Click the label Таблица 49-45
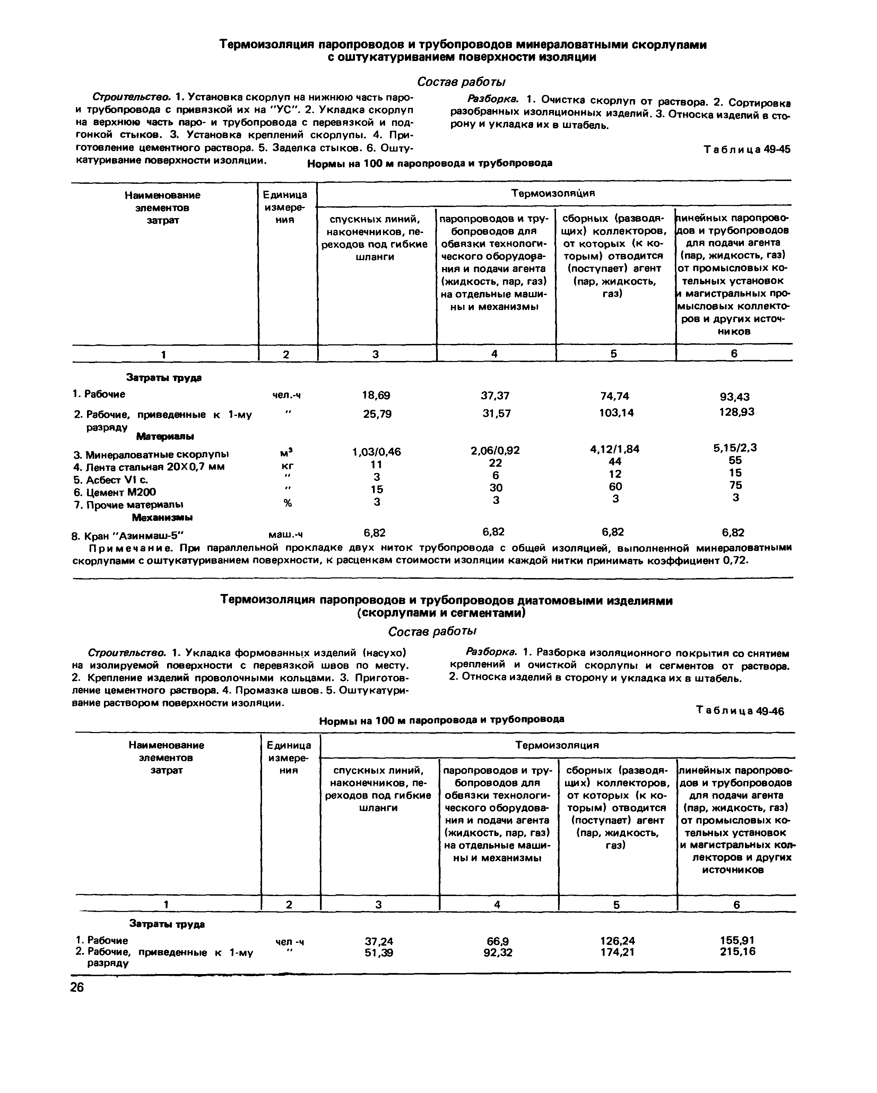[x=747, y=149]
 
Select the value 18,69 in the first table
[x=376, y=395]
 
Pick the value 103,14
[x=616, y=413]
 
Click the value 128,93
[x=737, y=412]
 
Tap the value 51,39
[x=379, y=953]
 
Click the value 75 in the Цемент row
[x=735, y=485]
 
